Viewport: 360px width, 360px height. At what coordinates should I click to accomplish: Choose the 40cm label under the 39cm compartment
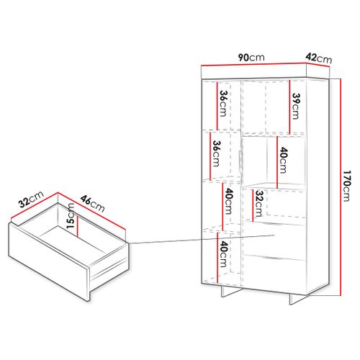click(284, 160)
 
